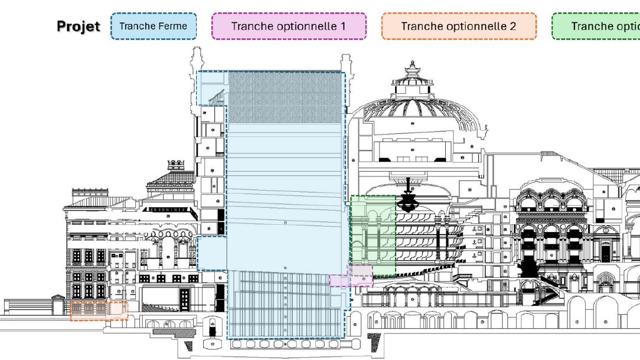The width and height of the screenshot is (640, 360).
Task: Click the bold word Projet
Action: (x=79, y=27)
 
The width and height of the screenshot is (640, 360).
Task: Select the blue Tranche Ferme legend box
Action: (x=154, y=27)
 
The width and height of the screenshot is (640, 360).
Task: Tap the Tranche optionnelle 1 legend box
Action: (x=289, y=27)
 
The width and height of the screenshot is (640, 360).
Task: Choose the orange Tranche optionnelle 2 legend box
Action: (x=459, y=27)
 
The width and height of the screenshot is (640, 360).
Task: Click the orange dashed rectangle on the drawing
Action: (x=99, y=311)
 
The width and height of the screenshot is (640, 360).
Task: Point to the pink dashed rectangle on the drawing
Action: (x=351, y=276)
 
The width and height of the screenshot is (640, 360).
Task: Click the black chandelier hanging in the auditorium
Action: (x=408, y=201)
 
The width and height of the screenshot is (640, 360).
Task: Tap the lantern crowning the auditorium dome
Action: (x=412, y=74)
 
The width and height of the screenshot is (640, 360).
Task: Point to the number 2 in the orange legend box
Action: (x=513, y=27)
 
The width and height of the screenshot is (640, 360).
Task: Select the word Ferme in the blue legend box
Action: (x=174, y=27)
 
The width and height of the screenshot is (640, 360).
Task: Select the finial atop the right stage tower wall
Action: (x=344, y=60)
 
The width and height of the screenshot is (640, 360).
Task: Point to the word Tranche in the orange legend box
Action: (x=422, y=27)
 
